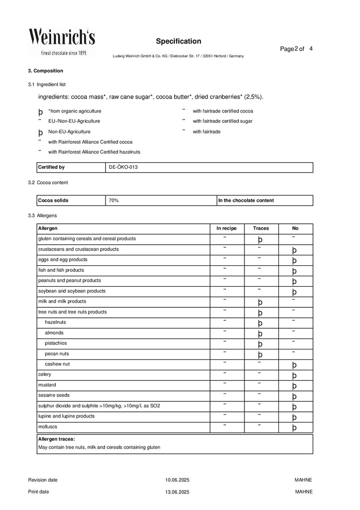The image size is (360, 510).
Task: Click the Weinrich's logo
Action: click(x=61, y=42)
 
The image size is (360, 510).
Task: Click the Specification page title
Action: click(x=178, y=41)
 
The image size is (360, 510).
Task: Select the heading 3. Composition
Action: click(x=45, y=71)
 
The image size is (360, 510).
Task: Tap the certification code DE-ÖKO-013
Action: click(x=123, y=167)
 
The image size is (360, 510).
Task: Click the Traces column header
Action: click(x=260, y=228)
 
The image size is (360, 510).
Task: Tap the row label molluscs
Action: click(x=47, y=426)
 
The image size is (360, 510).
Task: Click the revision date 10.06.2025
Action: click(x=177, y=480)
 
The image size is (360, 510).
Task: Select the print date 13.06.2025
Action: click(x=177, y=492)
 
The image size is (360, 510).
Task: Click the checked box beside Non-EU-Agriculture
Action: click(x=40, y=133)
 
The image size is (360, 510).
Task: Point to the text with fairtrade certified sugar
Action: click(x=222, y=121)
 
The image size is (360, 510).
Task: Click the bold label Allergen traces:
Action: click(x=56, y=438)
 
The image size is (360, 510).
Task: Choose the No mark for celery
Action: click(x=294, y=375)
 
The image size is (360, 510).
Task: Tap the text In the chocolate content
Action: click(x=246, y=200)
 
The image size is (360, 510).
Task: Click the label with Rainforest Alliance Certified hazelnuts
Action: click(x=94, y=152)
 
